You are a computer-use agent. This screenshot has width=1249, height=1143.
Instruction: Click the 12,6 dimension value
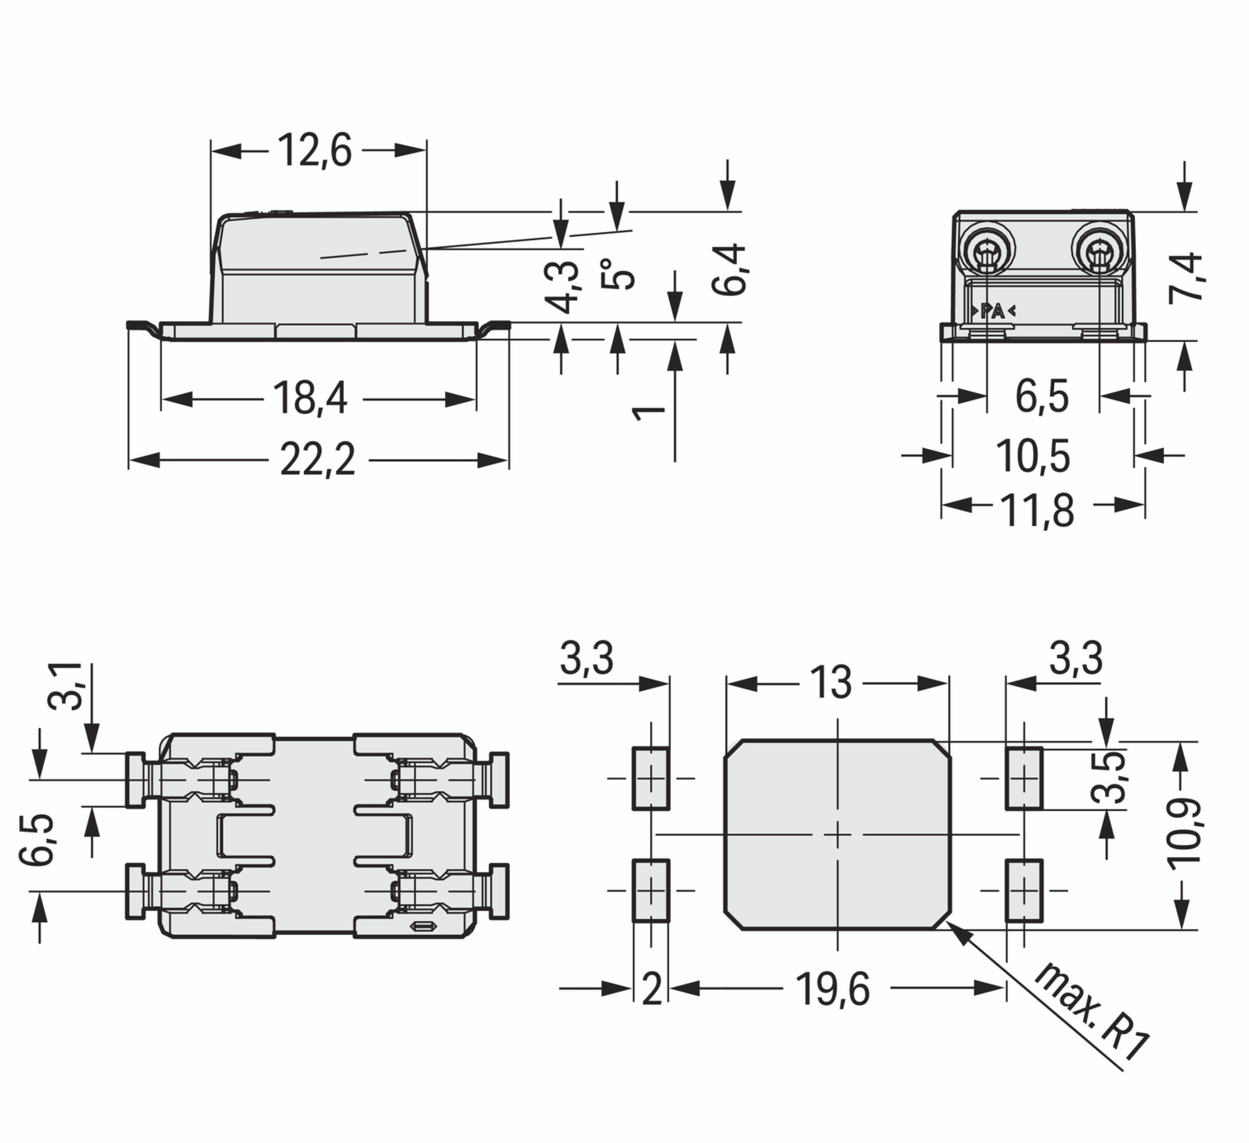point(315,150)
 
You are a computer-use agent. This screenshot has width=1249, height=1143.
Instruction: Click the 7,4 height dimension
point(1185,277)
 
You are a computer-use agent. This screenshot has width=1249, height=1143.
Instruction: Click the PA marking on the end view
point(993,311)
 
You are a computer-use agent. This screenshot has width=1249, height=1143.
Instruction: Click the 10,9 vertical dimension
point(1184,834)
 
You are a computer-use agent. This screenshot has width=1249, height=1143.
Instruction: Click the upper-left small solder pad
point(651,779)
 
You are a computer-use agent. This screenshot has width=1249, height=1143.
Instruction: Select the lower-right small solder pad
point(1024,890)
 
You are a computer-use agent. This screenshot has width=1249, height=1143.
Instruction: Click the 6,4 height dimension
point(729,269)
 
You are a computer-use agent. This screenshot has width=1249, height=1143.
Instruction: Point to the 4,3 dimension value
point(562,287)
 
